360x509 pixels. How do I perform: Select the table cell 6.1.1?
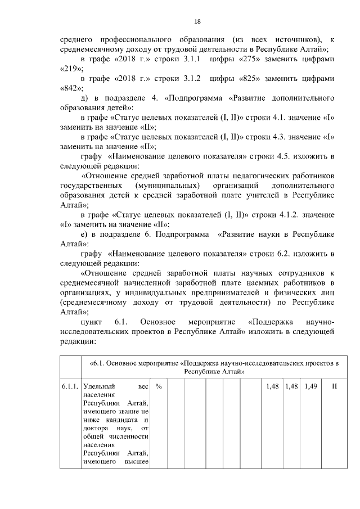click(70, 388)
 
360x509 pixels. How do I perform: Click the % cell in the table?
click(159, 388)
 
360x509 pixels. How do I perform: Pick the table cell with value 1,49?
click(309, 388)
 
